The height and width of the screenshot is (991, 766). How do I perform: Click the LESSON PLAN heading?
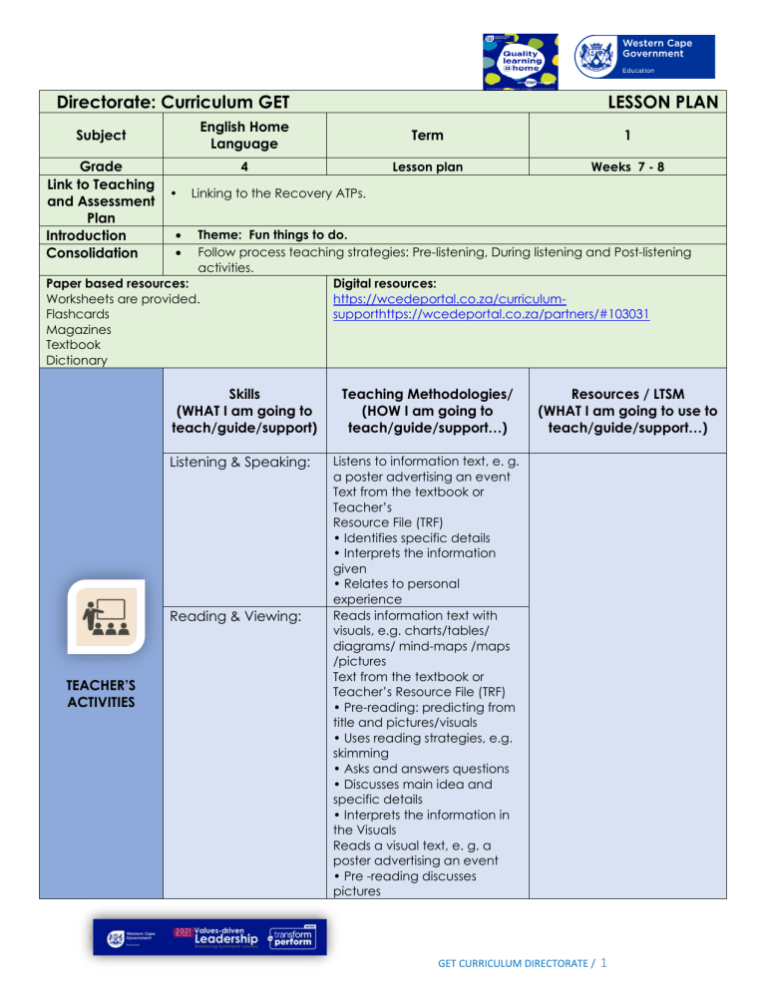(661, 102)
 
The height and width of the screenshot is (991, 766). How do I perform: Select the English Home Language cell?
(244, 135)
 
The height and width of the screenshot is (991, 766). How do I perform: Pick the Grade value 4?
(244, 167)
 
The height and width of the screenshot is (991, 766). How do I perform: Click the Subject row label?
(100, 135)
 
